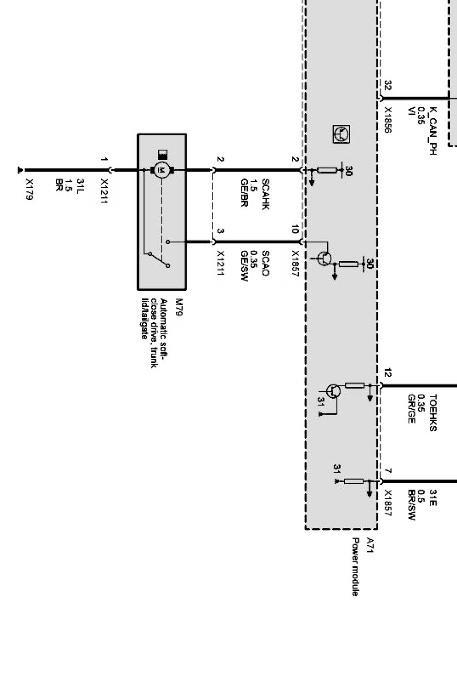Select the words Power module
coord(355,566)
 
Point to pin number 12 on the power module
coord(388,373)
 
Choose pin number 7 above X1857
coord(388,471)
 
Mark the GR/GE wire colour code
coord(412,408)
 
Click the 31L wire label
coord(80,186)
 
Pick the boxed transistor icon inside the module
coord(341,134)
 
